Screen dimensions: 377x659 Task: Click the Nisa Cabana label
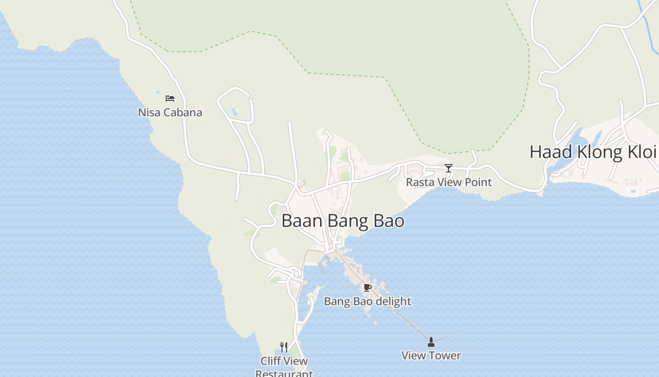[170, 113]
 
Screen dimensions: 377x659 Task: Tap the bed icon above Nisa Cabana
[170, 98]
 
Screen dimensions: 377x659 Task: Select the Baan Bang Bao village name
[343, 221]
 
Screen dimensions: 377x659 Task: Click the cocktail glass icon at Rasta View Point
[449, 168]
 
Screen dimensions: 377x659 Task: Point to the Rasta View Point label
[449, 182]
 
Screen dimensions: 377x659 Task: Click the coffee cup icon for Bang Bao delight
[368, 287]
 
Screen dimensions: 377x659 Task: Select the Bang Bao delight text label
[368, 302]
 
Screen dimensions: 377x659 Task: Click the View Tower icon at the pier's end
[431, 341]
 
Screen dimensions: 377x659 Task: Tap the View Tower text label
[431, 356]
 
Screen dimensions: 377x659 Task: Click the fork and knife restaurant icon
[284, 347]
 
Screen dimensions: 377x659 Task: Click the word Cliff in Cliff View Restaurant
[271, 361]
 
